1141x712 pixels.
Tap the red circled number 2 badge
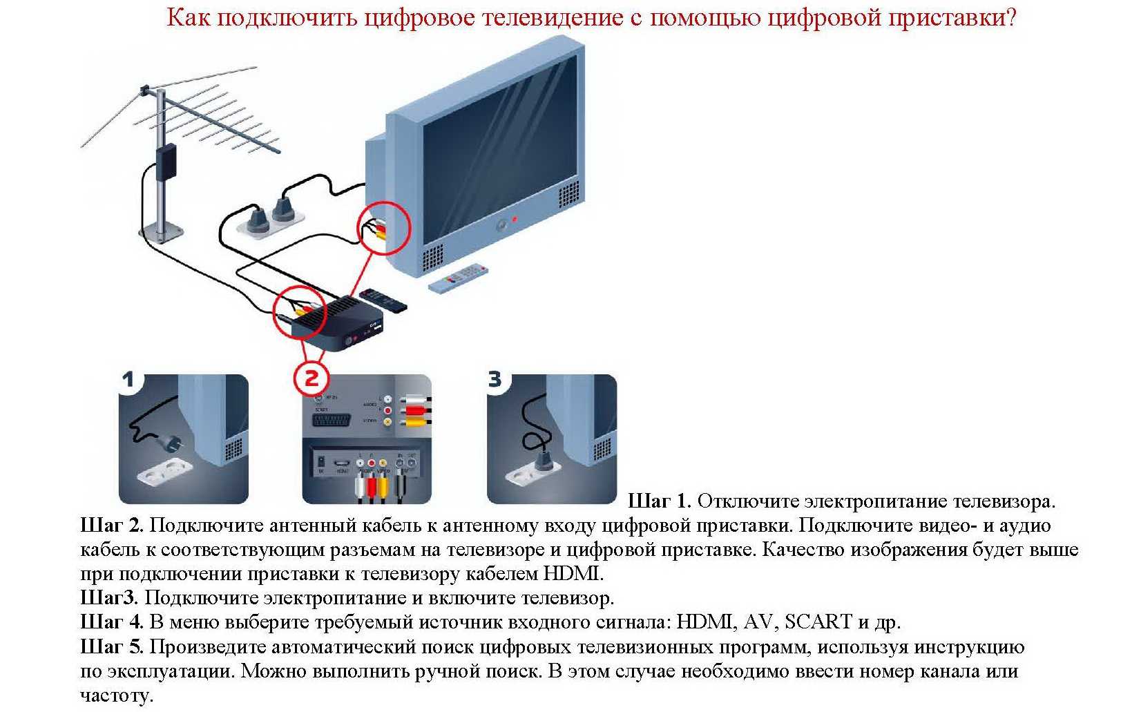pos(311,378)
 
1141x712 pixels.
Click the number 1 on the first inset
pos(128,379)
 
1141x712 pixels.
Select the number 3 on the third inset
pos(495,379)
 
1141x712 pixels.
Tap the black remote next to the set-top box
pos(383,299)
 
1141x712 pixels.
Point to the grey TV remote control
pos(458,277)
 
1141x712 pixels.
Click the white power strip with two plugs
pos(271,218)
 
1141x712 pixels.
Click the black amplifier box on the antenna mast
pos(166,162)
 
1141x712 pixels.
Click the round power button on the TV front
pos(502,224)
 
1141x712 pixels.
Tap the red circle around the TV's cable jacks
pos(383,228)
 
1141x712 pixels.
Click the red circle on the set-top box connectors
pos(300,311)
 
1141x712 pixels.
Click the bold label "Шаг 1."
pos(659,501)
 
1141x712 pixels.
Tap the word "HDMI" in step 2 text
pos(572,574)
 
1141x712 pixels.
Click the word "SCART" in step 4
pos(818,622)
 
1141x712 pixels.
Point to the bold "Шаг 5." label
pos(112,647)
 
